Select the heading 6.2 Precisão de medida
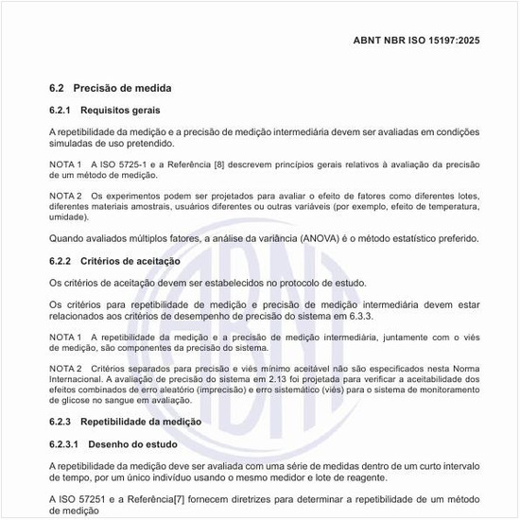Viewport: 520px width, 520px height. tap(111, 88)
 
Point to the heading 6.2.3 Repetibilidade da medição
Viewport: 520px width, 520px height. tap(125, 421)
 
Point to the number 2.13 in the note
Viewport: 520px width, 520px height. tap(278, 378)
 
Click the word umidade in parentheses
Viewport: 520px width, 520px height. tap(68, 217)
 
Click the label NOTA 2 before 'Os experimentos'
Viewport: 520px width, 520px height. tap(65, 195)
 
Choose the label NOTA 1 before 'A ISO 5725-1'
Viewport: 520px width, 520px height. tap(65, 164)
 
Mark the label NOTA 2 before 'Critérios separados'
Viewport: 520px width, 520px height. tap(65, 368)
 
